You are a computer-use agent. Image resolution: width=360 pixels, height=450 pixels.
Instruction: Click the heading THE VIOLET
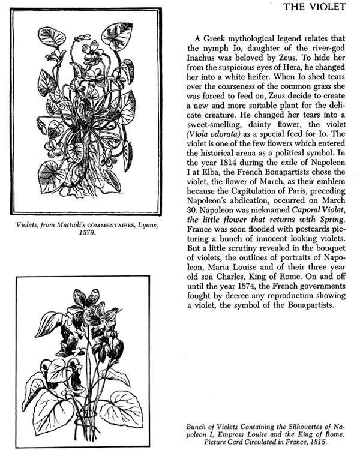pyautogui.click(x=314, y=7)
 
